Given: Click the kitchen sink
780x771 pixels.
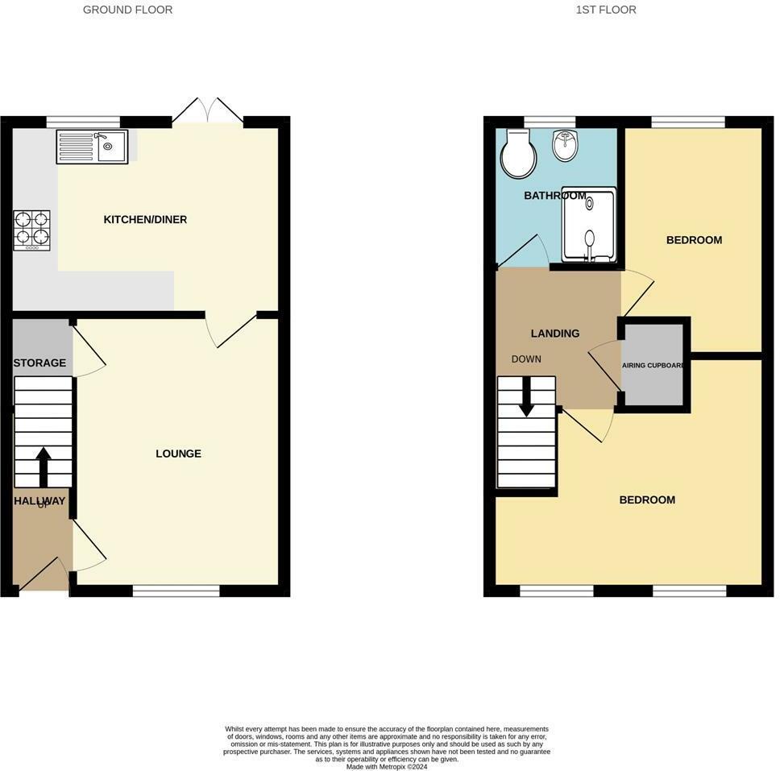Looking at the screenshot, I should click(91, 147).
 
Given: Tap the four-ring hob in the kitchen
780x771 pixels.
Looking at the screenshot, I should click(31, 230).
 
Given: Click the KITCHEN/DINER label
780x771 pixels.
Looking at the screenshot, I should click(145, 220).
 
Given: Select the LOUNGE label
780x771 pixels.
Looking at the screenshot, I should click(178, 454).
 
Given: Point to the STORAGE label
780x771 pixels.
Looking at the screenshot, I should click(39, 363).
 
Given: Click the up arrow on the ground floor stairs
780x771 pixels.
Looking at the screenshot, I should click(43, 466).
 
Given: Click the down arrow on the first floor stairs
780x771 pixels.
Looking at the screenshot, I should click(526, 396).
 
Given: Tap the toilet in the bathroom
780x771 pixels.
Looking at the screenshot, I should click(518, 154).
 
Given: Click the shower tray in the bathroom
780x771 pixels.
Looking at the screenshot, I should click(589, 226).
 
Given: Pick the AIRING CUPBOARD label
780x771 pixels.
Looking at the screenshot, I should click(653, 365).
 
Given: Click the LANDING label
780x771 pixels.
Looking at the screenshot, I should click(555, 334).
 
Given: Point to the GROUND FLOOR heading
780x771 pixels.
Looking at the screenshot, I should click(127, 10).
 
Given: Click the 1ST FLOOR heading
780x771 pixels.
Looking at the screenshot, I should click(606, 10).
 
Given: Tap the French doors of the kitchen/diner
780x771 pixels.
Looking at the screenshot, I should click(208, 114).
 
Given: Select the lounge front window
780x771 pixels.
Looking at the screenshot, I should click(176, 591).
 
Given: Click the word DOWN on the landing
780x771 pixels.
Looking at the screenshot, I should click(526, 359).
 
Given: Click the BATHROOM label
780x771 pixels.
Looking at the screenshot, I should click(554, 196).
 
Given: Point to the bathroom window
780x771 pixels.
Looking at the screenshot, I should click(550, 122).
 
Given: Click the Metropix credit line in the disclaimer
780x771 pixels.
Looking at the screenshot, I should click(387, 767).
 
